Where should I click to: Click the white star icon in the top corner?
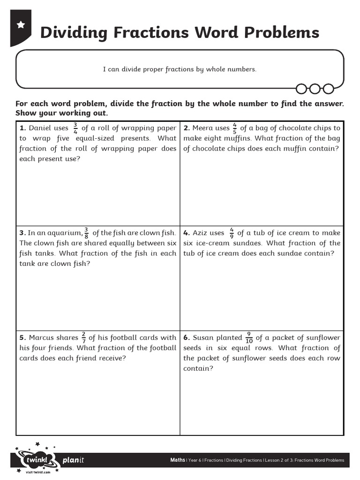(x=21, y=25)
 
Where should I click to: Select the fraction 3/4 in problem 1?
(x=75, y=128)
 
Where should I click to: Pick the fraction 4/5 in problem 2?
(x=234, y=128)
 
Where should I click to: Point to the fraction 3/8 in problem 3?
(x=86, y=233)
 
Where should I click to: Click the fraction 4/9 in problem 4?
(x=232, y=233)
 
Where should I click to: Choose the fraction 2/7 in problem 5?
(x=83, y=337)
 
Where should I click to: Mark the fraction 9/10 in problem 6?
(x=249, y=337)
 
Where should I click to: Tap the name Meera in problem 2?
(x=202, y=128)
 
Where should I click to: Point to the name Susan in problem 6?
(x=203, y=337)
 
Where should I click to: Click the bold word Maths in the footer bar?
(x=177, y=460)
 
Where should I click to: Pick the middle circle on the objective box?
(x=315, y=89)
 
